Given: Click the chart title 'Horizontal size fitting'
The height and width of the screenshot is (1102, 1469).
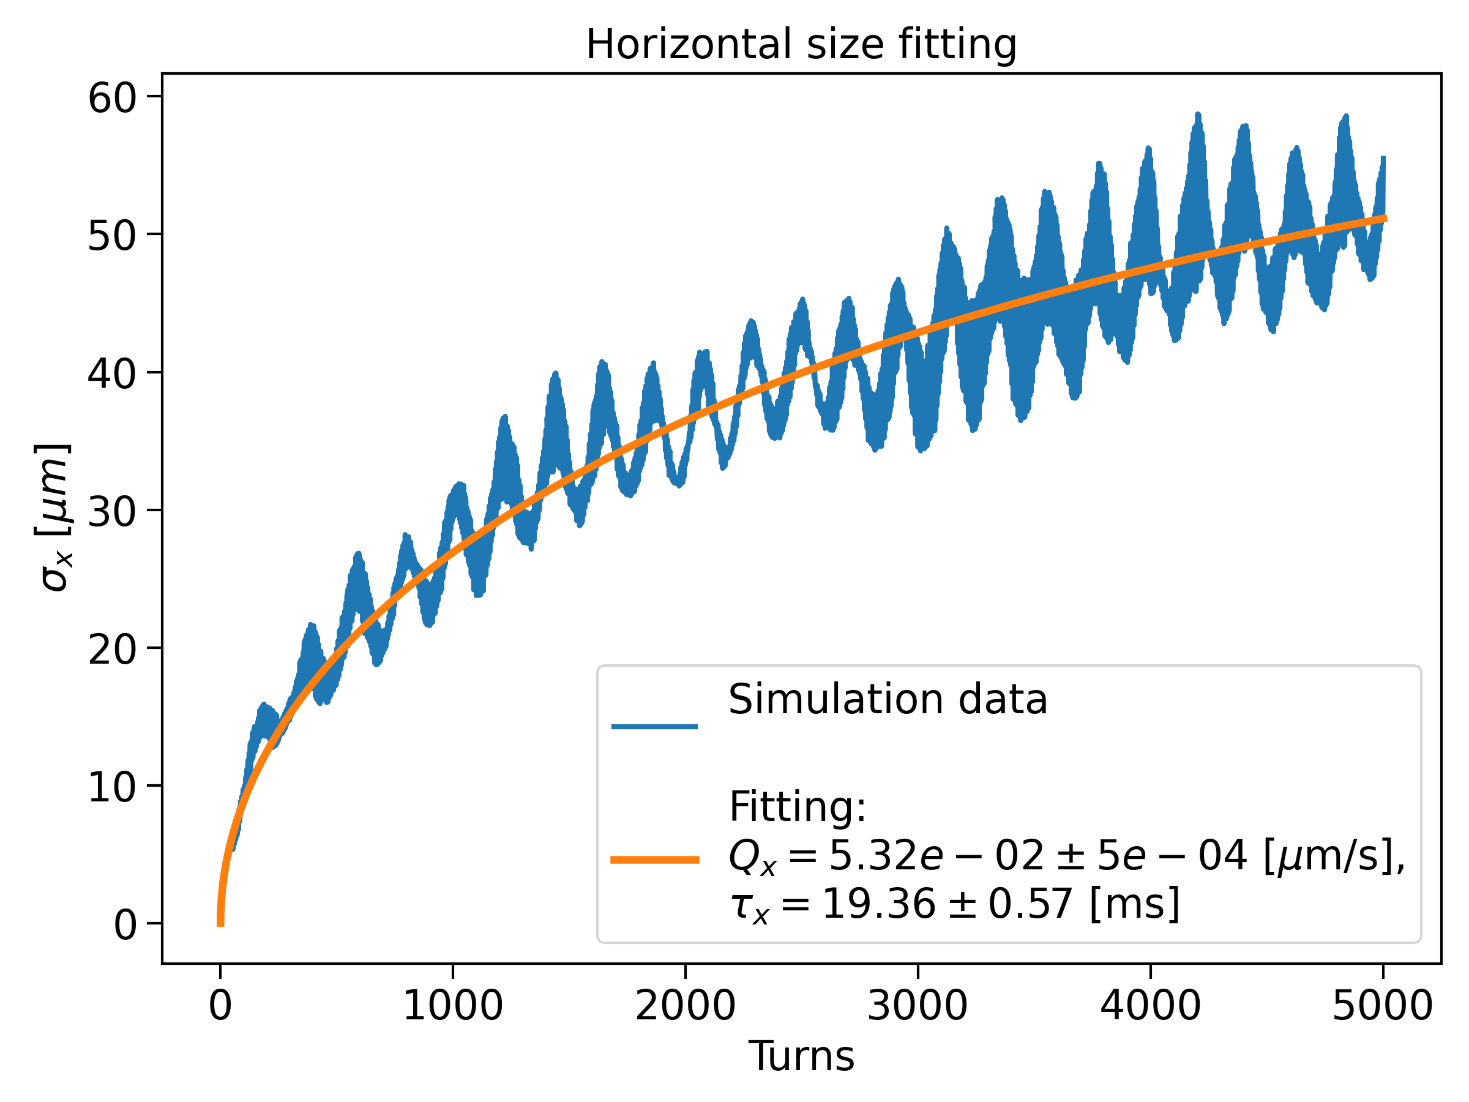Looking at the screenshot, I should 801,45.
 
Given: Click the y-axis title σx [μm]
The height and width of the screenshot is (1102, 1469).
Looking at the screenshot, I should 53,517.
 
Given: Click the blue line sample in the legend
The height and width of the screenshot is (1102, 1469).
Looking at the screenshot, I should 654,726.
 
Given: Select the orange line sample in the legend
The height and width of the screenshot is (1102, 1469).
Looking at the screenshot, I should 654,860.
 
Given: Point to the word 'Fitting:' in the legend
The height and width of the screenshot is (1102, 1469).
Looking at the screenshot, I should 797,806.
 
